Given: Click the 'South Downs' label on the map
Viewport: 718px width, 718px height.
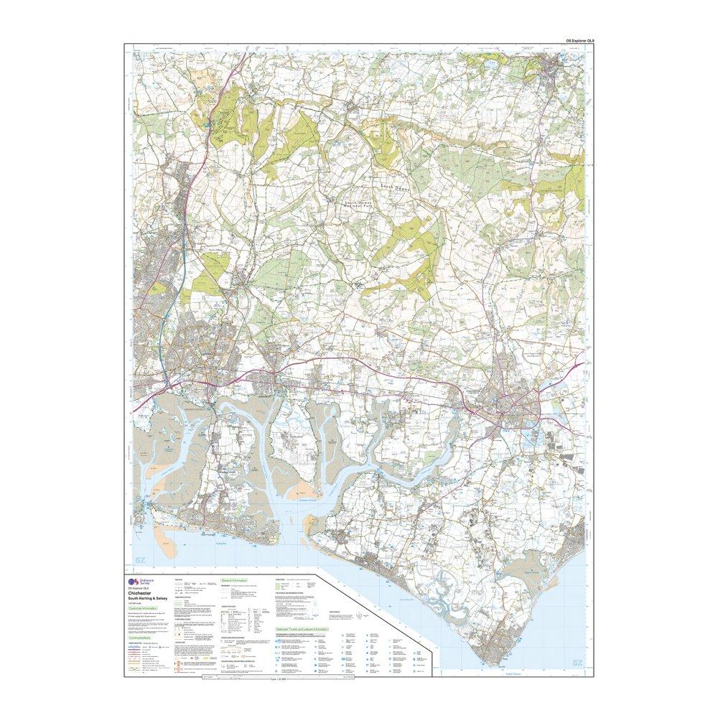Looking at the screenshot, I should [393, 186].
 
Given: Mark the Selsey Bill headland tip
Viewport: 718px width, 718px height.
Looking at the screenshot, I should [494, 665].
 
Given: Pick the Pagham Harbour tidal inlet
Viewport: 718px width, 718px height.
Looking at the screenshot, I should [533, 575].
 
